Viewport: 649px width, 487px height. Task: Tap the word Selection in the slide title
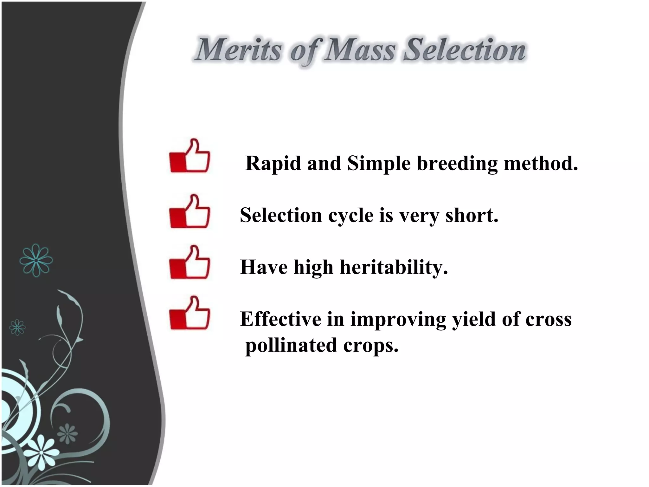(465, 50)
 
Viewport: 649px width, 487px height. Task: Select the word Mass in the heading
(359, 50)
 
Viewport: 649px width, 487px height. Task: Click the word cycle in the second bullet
(350, 216)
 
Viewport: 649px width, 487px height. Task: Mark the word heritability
(394, 267)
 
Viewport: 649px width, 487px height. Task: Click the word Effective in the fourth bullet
(280, 319)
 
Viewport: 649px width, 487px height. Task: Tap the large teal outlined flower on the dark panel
(36, 260)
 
